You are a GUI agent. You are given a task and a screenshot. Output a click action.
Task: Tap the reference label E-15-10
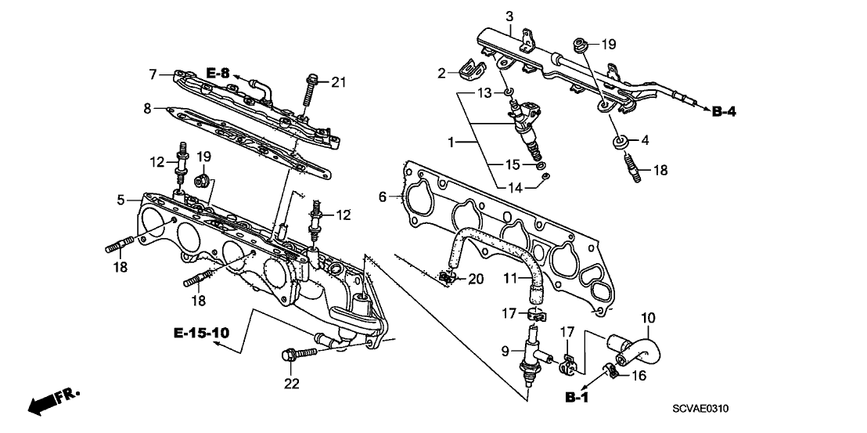[x=202, y=334]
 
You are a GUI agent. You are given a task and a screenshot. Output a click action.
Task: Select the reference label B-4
[x=724, y=112]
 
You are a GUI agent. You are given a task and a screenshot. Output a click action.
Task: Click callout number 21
[x=337, y=82]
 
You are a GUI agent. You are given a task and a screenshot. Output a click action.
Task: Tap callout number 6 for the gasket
[x=383, y=197]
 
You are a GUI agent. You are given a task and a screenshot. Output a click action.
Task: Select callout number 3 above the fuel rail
[x=509, y=16]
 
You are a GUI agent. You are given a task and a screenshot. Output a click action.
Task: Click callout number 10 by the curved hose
[x=649, y=317]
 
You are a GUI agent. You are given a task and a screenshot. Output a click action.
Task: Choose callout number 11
[x=511, y=277]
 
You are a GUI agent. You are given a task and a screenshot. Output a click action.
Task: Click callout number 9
[x=506, y=348]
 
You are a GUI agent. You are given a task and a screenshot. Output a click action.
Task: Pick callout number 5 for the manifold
[x=121, y=200]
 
